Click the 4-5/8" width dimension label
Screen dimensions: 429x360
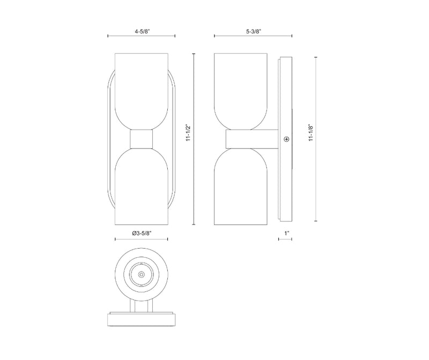(142, 32)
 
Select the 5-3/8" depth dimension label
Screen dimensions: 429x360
(254, 32)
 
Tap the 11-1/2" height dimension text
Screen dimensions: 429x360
(188, 133)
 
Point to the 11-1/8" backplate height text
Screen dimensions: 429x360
(311, 133)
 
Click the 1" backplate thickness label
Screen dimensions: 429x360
(286, 233)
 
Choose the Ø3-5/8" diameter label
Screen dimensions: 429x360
(142, 233)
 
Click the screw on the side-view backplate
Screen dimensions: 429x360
(286, 139)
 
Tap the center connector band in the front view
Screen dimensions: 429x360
(141, 139)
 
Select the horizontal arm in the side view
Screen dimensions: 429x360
(252, 139)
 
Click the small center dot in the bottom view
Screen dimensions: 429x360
(141, 274)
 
